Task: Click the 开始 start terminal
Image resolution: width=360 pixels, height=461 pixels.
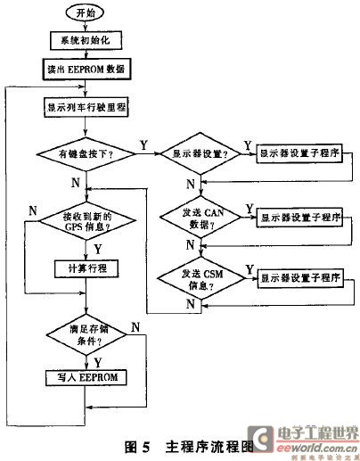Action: tap(86, 15)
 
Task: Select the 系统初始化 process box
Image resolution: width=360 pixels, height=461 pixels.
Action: tap(86, 41)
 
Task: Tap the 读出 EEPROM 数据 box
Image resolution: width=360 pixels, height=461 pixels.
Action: tap(86, 68)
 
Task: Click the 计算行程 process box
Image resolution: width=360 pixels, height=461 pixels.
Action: tap(86, 268)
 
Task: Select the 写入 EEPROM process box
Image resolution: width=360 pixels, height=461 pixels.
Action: tap(86, 378)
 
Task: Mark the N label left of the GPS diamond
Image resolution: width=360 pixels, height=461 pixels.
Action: tap(32, 210)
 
